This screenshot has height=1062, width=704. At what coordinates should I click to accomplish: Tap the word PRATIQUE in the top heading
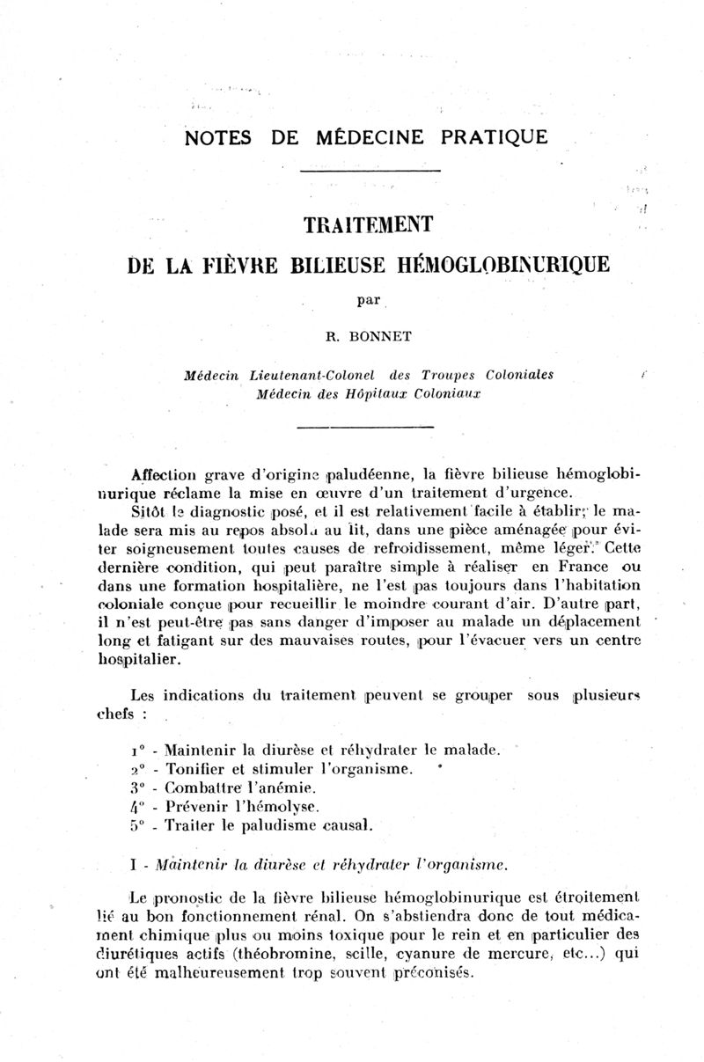click(x=496, y=137)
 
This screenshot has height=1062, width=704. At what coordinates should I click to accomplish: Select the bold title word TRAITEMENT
click(x=368, y=225)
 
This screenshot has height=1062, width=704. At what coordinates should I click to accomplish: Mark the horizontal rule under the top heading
click(x=368, y=170)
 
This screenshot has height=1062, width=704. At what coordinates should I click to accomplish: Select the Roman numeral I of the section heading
click(x=132, y=865)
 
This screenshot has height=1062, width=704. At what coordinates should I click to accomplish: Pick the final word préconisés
click(x=433, y=972)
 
